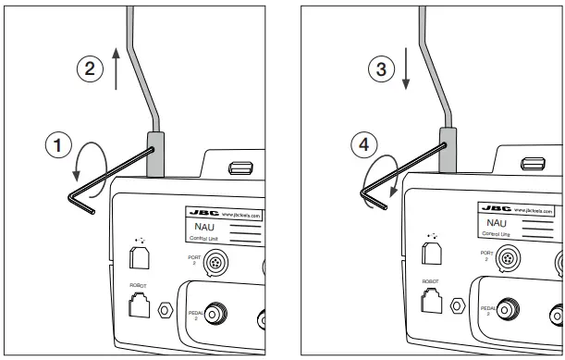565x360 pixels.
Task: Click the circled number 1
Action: [x=58, y=145]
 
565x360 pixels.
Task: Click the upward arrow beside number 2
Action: [x=115, y=70]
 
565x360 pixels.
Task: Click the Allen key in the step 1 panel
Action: [x=92, y=194]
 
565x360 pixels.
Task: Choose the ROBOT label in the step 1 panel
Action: [x=134, y=287]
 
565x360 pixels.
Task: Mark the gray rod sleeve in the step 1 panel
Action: [x=154, y=153]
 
